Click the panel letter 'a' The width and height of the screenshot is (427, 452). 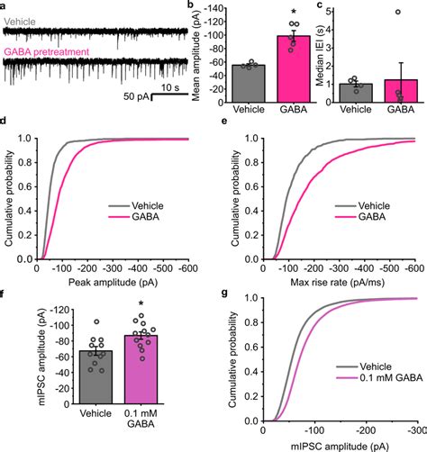(x=5, y=5)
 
